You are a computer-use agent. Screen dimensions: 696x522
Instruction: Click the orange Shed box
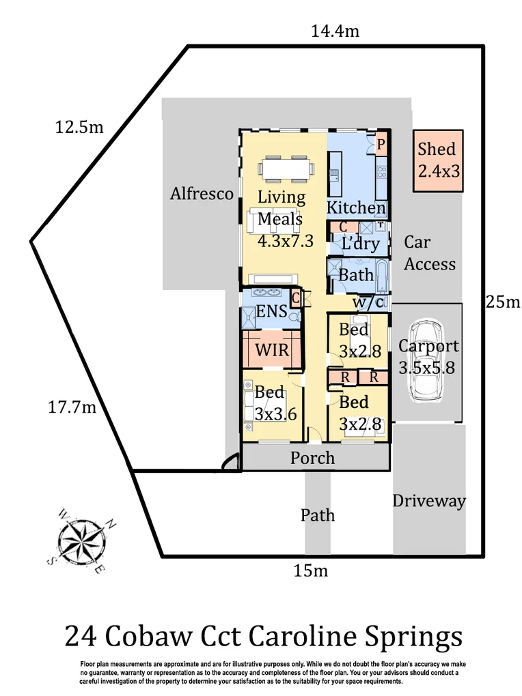coord(438,160)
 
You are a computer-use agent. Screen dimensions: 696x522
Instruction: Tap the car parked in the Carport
coord(427,362)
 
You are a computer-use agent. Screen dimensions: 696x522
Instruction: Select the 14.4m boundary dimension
coord(335,31)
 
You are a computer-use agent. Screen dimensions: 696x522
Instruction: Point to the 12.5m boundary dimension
coord(79,127)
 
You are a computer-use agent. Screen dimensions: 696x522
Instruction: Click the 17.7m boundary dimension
coord(71,408)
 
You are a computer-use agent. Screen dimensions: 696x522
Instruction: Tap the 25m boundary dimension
coord(503,302)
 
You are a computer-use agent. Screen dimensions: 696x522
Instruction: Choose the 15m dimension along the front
coord(311,570)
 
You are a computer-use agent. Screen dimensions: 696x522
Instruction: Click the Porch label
coord(312,457)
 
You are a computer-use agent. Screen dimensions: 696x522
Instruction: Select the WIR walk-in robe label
coord(271,350)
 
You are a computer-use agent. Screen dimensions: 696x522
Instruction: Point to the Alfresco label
coord(202,194)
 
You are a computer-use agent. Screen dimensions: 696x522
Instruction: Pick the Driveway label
coord(428,502)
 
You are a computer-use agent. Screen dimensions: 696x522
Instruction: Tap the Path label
coord(318,514)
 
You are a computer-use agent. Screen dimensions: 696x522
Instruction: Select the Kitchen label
coord(355,207)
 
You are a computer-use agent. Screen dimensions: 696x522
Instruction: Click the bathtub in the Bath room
coord(381,274)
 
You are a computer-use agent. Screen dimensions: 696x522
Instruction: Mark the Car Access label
coord(429,253)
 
